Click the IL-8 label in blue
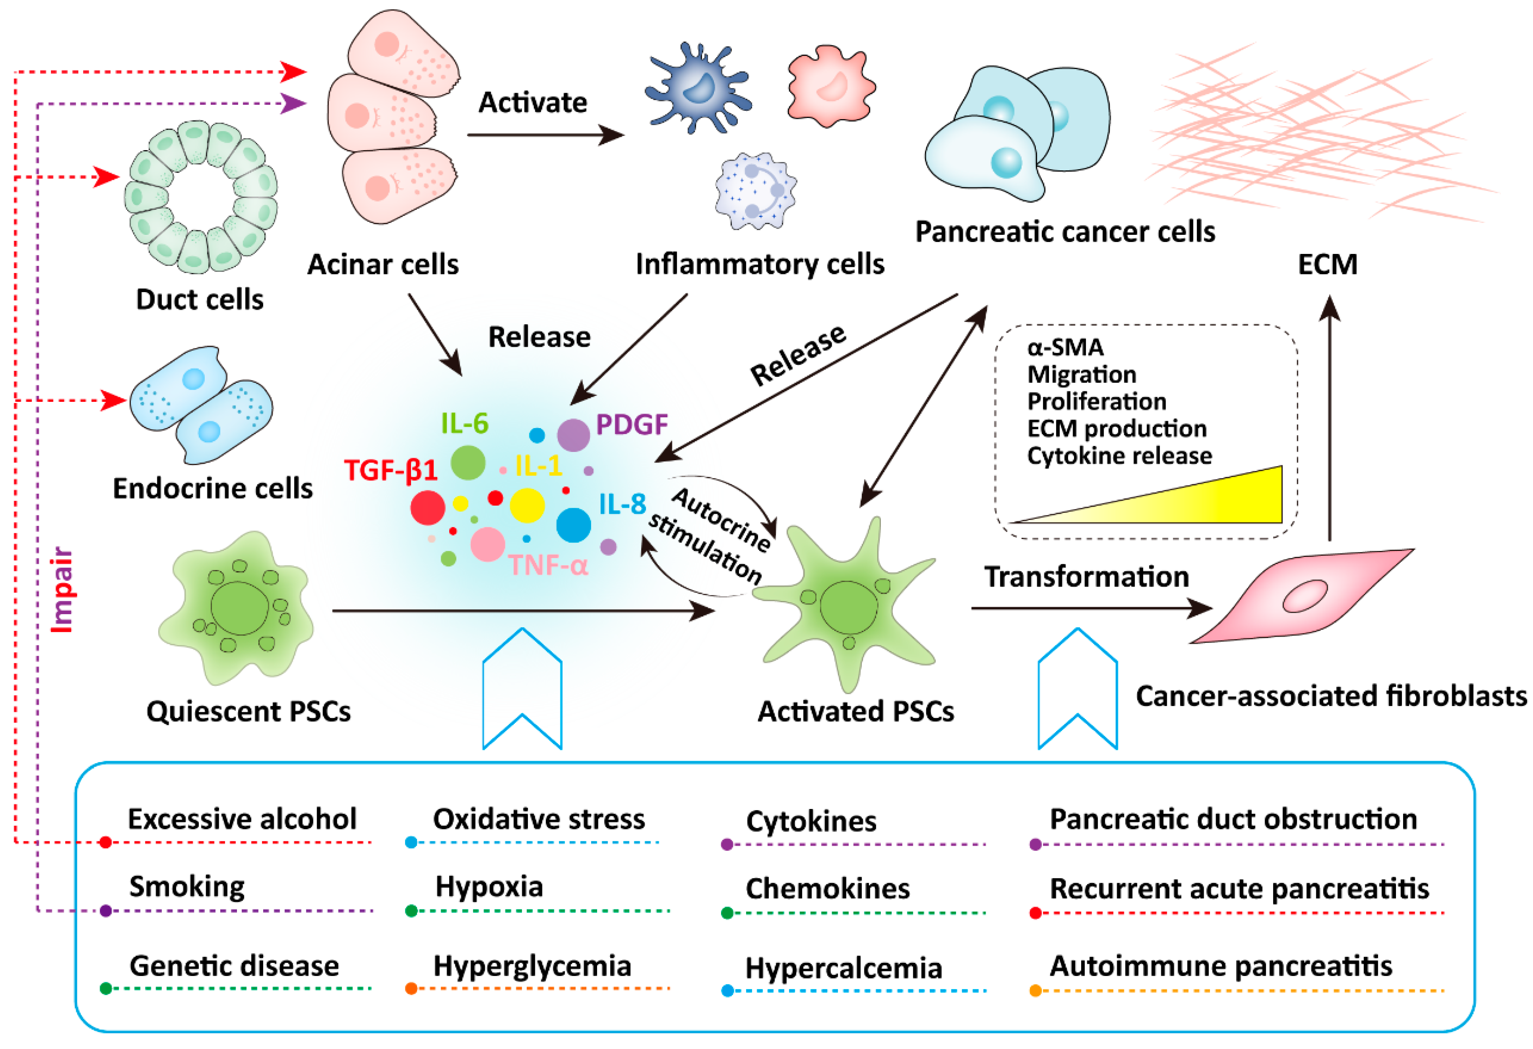(622, 504)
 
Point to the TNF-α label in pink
(547, 566)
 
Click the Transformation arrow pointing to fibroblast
(1088, 607)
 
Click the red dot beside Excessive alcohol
(106, 843)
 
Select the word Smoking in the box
(187, 886)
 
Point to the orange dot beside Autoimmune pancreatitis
(1035, 990)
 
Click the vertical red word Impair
(63, 589)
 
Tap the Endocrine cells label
(212, 488)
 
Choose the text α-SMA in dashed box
(1065, 347)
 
